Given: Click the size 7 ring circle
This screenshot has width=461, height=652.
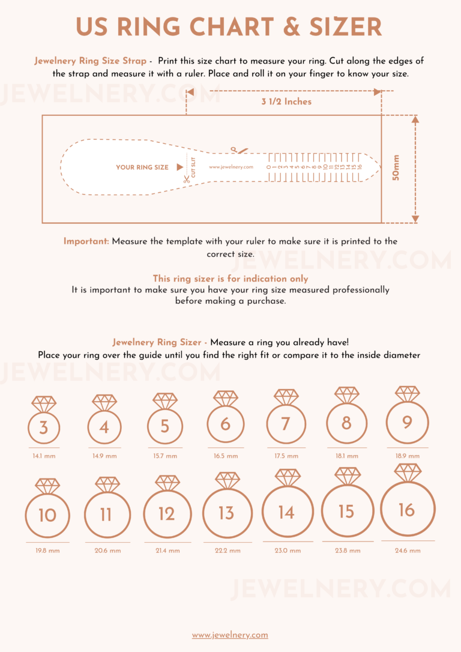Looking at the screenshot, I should click(286, 424).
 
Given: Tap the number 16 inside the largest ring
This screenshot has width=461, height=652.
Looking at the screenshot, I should click(406, 510).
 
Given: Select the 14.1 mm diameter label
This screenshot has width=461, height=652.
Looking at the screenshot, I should click(44, 456).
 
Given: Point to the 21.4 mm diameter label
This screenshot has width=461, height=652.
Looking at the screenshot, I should click(167, 551).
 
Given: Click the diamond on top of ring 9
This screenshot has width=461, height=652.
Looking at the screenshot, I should click(407, 394).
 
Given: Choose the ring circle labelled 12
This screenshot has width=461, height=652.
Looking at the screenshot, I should click(167, 514).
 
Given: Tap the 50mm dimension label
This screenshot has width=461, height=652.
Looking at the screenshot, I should click(396, 168).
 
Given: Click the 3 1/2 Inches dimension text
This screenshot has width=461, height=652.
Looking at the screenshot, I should click(286, 102).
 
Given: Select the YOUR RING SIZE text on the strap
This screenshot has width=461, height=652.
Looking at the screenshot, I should click(142, 168).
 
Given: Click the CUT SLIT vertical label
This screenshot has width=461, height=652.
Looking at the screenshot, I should click(193, 167).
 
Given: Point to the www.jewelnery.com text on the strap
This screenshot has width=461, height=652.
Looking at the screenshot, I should click(231, 168).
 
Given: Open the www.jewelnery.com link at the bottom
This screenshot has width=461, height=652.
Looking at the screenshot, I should click(230, 635).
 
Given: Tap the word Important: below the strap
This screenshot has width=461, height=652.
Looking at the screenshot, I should click(86, 241).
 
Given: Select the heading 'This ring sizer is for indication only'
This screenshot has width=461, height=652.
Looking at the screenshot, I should click(230, 279).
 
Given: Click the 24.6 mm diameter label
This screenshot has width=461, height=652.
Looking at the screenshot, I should click(408, 551).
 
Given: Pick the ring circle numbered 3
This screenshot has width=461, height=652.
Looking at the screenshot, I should click(44, 428).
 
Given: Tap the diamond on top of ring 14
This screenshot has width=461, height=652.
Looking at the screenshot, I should click(287, 478).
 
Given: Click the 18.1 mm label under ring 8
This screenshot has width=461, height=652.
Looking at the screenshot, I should click(346, 456).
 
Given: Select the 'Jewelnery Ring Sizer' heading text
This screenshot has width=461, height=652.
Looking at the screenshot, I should click(157, 342).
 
